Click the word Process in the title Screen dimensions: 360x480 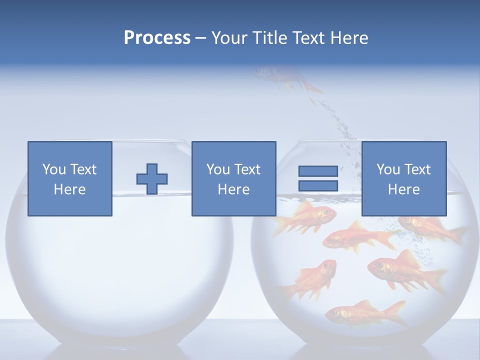coord(157,38)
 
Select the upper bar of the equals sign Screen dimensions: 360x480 coord(318,171)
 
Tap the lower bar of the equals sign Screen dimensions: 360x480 coord(318,186)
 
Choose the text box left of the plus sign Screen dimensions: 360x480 coord(70,179)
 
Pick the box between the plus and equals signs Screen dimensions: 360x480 coord(233,179)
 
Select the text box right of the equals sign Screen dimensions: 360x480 coord(404,179)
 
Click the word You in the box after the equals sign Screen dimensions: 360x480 coord(388,169)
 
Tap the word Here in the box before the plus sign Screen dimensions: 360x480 coord(70,189)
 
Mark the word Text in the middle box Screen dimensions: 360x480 coord(248,169)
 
